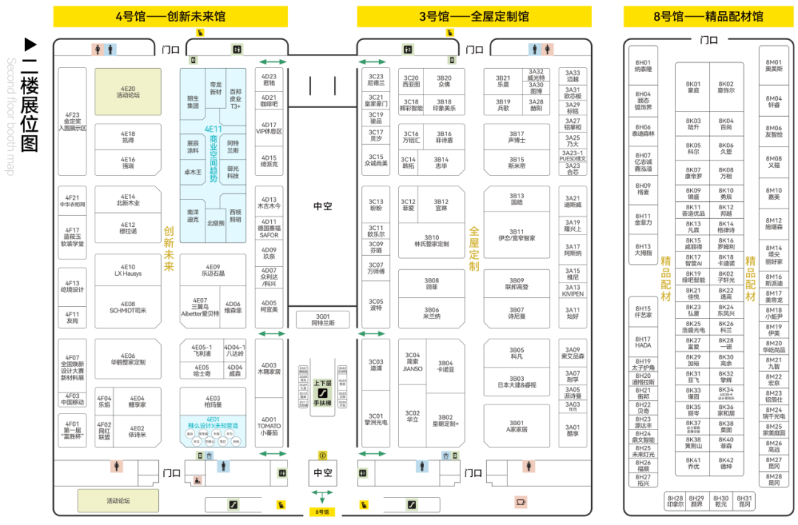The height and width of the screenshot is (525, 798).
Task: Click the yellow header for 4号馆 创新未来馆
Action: tap(170, 16)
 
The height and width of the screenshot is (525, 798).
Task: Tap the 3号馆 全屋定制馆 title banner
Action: tap(474, 16)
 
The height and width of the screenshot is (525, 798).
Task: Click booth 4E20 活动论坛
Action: tap(128, 92)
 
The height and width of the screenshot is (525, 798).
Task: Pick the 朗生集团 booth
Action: tap(193, 101)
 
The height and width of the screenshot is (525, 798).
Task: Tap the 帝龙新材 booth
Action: tap(216, 88)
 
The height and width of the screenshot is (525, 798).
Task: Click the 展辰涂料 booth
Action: tap(192, 146)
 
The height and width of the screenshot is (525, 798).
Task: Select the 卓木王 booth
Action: tap(192, 172)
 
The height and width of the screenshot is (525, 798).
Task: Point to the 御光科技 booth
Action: tap(233, 172)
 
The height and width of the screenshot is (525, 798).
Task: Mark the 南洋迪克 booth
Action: tap(193, 216)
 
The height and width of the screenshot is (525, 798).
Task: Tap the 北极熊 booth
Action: tap(215, 223)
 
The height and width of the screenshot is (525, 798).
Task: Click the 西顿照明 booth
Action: tap(235, 215)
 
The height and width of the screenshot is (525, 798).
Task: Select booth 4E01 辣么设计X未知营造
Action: tap(213, 430)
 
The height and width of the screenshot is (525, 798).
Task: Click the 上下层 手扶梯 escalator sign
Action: tap(322, 393)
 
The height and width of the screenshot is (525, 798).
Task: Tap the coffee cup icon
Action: tap(521, 502)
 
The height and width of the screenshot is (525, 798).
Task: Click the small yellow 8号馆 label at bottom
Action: tap(322, 512)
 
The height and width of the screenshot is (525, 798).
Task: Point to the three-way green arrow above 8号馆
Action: tap(322, 493)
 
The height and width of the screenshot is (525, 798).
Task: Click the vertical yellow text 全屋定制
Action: tap(474, 248)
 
